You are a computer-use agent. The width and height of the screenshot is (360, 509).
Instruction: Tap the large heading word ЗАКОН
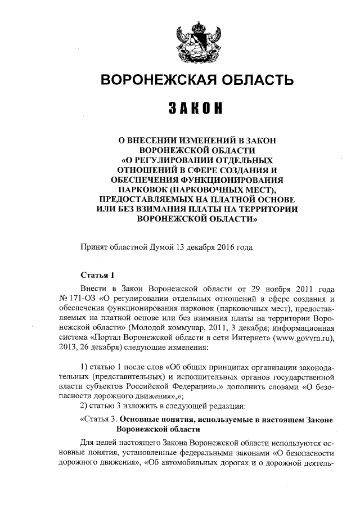pyautogui.click(x=196, y=107)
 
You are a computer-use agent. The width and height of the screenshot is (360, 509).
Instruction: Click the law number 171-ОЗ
pyautogui.click(x=82, y=298)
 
